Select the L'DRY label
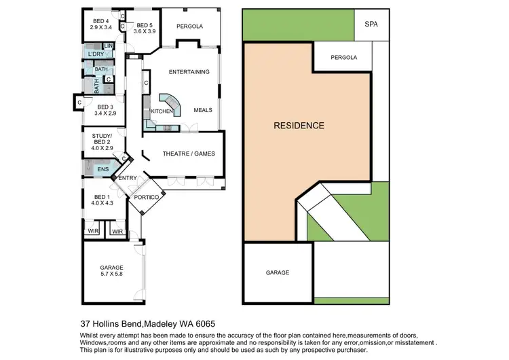[96, 54]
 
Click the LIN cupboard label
[108, 46]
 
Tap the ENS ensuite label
[103, 169]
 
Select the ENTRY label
[128, 178]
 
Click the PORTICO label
[146, 197]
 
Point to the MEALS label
[203, 110]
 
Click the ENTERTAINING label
[189, 72]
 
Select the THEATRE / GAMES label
[189, 154]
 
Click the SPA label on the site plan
[371, 24]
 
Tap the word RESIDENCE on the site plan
[299, 125]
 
